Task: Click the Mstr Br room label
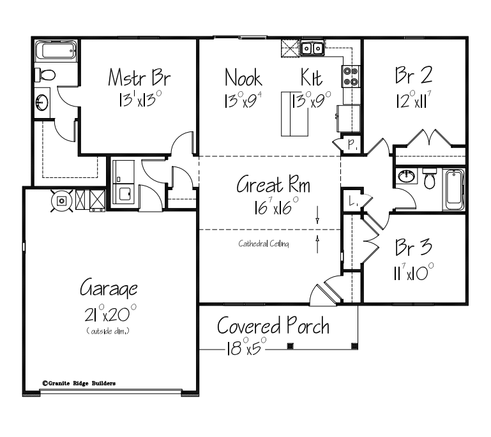click(x=139, y=79)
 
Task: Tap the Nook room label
click(x=243, y=78)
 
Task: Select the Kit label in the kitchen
click(x=311, y=78)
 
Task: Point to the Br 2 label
click(x=414, y=76)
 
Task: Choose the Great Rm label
click(x=273, y=186)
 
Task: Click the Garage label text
click(x=108, y=288)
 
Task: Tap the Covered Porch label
click(x=273, y=326)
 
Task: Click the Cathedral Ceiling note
click(x=264, y=243)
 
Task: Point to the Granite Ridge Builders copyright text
click(x=79, y=383)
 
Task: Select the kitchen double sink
click(x=312, y=47)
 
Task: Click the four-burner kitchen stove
click(x=351, y=76)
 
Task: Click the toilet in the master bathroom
click(x=45, y=75)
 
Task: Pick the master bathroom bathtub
click(x=56, y=51)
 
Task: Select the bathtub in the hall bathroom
click(x=454, y=189)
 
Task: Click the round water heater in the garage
click(x=63, y=200)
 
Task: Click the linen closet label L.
click(x=352, y=202)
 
